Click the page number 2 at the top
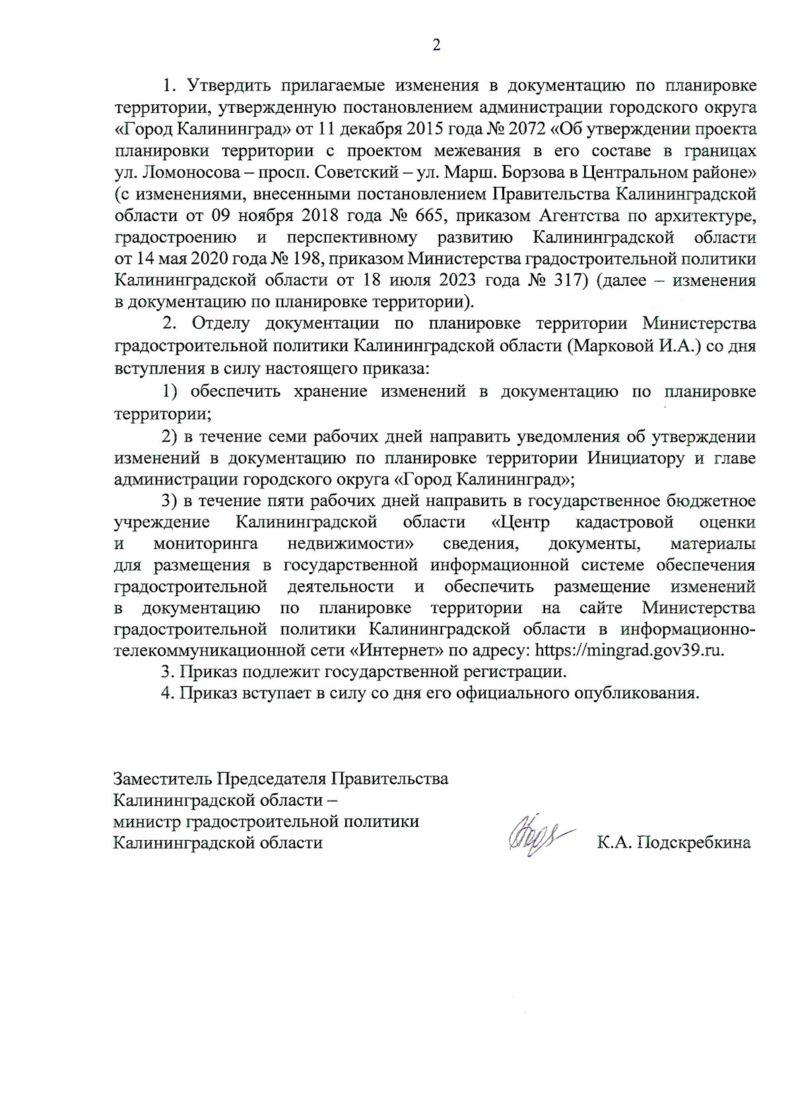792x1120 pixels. tap(436, 45)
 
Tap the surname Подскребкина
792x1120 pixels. tap(693, 843)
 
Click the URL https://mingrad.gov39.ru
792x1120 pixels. tap(629, 650)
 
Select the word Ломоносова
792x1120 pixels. tap(181, 172)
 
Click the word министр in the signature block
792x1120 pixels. tap(147, 822)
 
